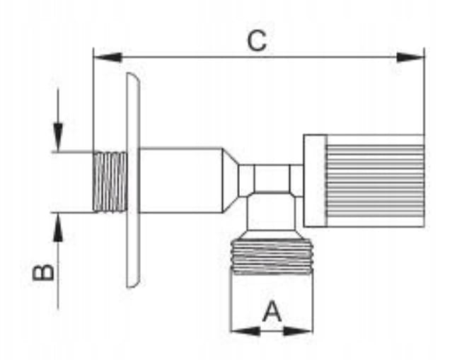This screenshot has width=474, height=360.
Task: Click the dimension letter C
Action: click(257, 40)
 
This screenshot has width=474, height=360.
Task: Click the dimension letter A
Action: click(272, 311)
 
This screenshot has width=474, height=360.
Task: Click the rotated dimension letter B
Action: click(44, 272)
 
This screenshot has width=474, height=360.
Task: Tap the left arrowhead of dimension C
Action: click(108, 57)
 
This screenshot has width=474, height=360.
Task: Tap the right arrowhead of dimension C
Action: click(410, 57)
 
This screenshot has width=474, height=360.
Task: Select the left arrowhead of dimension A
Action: click(245, 331)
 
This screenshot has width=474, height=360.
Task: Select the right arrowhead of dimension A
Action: click(298, 331)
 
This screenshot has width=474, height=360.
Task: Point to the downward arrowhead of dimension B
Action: click(58, 137)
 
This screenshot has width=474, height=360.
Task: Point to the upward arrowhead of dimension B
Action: click(58, 227)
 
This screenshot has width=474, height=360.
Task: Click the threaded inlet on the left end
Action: click(110, 182)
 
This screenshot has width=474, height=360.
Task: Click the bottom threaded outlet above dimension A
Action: click(272, 257)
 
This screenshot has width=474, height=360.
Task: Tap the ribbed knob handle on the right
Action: click(375, 180)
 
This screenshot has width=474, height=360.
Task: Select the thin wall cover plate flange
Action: click(133, 180)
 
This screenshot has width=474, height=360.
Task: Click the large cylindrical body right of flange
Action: click(181, 180)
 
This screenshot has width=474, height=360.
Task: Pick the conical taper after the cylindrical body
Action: click(231, 180)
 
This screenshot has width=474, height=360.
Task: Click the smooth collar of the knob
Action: click(315, 180)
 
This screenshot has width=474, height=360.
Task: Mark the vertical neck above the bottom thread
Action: click(272, 211)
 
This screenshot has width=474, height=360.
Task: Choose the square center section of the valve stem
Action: click(272, 178)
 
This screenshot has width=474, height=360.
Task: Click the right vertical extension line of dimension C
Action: click(424, 91)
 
